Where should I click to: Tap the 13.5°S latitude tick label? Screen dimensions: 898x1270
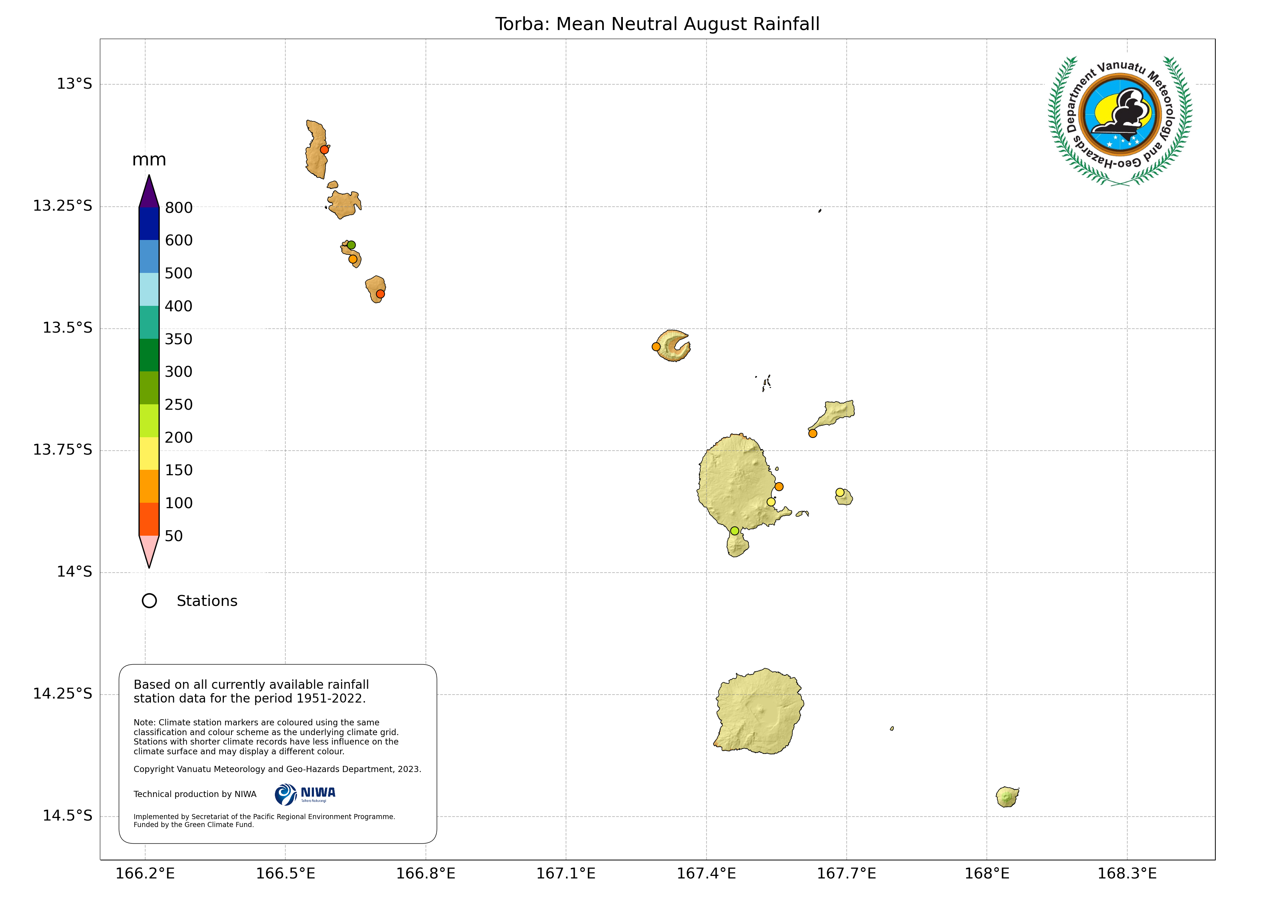[67, 328]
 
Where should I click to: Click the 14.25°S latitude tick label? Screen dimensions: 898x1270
[63, 693]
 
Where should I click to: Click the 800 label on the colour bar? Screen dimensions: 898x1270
[179, 208]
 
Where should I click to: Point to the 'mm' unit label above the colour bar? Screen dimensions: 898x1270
[149, 160]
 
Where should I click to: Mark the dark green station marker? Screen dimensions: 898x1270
[351, 245]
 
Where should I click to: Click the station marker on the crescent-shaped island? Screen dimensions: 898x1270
[656, 347]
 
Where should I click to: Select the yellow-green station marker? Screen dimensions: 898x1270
[734, 531]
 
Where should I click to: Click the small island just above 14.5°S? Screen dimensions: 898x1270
[1007, 797]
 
